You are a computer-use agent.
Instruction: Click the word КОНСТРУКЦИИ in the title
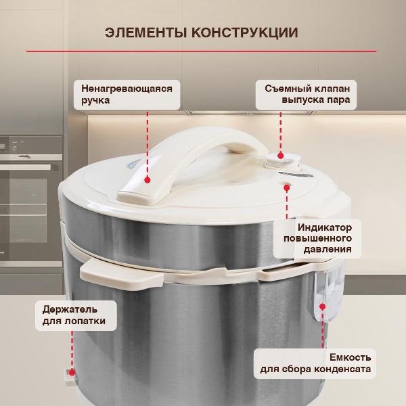click(x=246, y=33)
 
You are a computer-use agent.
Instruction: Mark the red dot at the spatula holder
click(x=70, y=372)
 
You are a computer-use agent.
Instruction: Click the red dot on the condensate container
click(x=321, y=307)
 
